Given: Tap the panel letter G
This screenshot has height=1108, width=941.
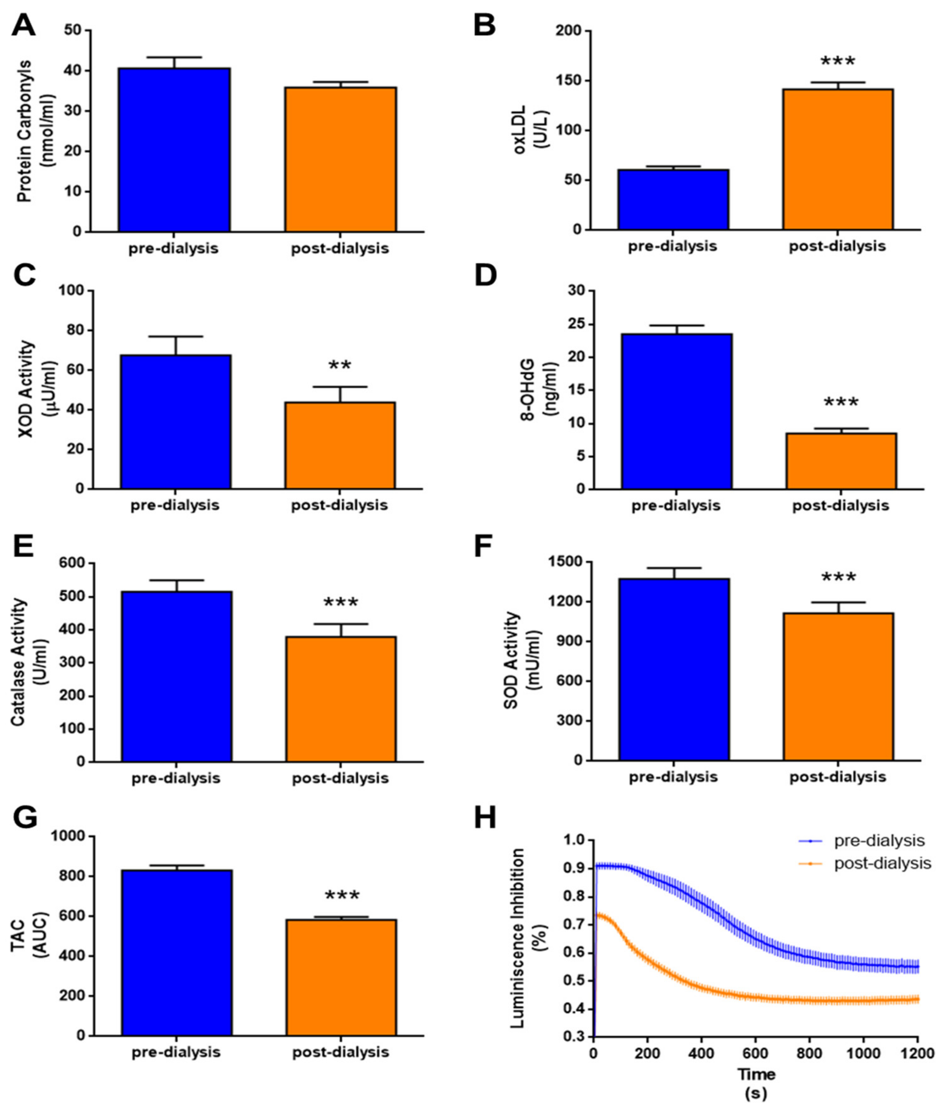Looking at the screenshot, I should tap(25, 817).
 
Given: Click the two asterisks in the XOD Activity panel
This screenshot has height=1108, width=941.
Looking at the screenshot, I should tap(340, 366).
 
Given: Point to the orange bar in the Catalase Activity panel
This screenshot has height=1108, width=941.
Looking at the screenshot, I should tap(340, 699).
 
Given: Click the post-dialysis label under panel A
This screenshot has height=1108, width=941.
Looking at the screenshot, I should tap(340, 249).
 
